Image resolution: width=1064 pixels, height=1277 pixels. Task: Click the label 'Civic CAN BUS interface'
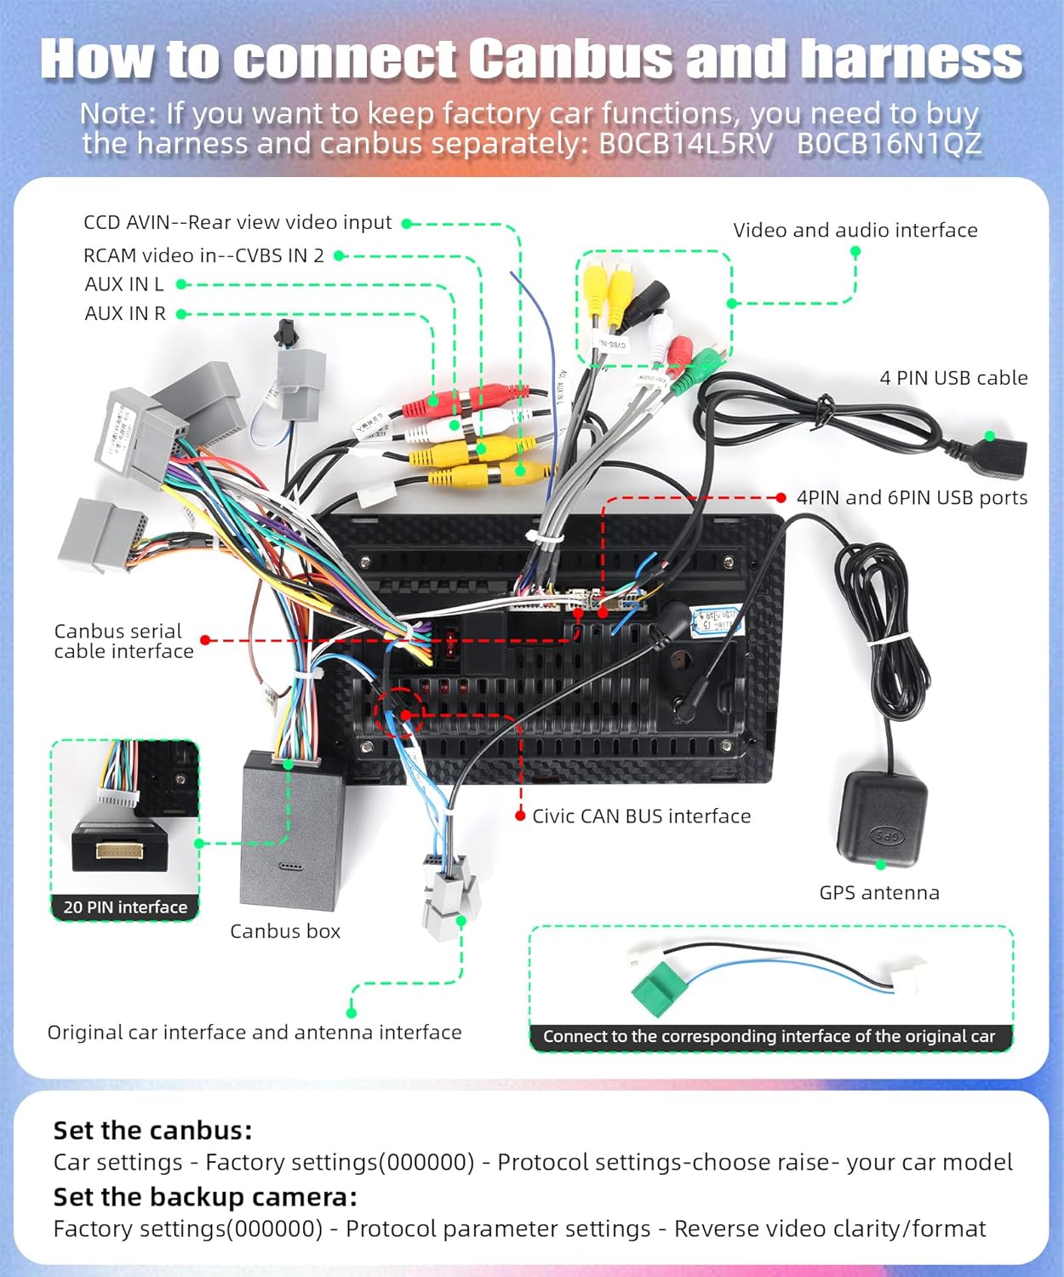pyautogui.click(x=641, y=816)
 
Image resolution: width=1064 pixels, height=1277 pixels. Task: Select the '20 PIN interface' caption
pyautogui.click(x=125, y=908)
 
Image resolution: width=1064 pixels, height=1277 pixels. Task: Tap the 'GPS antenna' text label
pyautogui.click(x=879, y=893)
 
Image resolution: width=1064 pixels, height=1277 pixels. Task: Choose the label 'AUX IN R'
pyautogui.click(x=125, y=313)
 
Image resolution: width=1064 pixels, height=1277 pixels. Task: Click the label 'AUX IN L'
pyautogui.click(x=124, y=284)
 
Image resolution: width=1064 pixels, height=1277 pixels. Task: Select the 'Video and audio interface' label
pyautogui.click(x=855, y=230)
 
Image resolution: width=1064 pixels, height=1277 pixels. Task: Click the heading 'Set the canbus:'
pyautogui.click(x=152, y=1131)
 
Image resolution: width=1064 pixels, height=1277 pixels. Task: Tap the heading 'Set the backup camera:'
pyautogui.click(x=205, y=1197)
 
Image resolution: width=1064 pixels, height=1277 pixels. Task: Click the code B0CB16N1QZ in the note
pyautogui.click(x=889, y=144)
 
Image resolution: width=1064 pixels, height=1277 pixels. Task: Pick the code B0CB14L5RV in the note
pyautogui.click(x=686, y=144)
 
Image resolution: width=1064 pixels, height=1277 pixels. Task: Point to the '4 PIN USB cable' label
pyautogui.click(x=953, y=378)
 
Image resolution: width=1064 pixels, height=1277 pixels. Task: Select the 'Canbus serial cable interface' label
pyautogui.click(x=123, y=641)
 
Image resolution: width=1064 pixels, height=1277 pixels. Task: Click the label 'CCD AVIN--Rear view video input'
pyautogui.click(x=237, y=223)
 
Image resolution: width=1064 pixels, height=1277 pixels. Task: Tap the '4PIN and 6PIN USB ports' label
pyautogui.click(x=912, y=498)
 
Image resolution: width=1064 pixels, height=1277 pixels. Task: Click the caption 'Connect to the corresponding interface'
pyautogui.click(x=769, y=1036)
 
